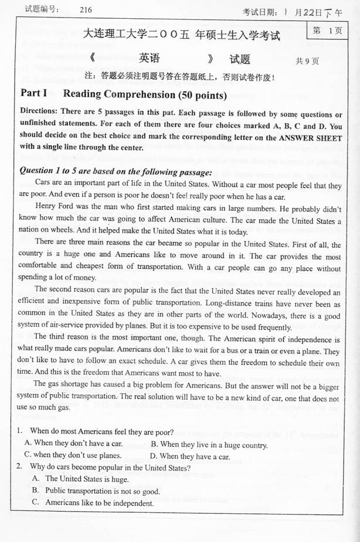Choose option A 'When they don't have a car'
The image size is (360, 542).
tap(74, 444)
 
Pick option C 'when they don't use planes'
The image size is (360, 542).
tap(73, 455)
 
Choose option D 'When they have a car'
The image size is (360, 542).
tap(190, 456)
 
